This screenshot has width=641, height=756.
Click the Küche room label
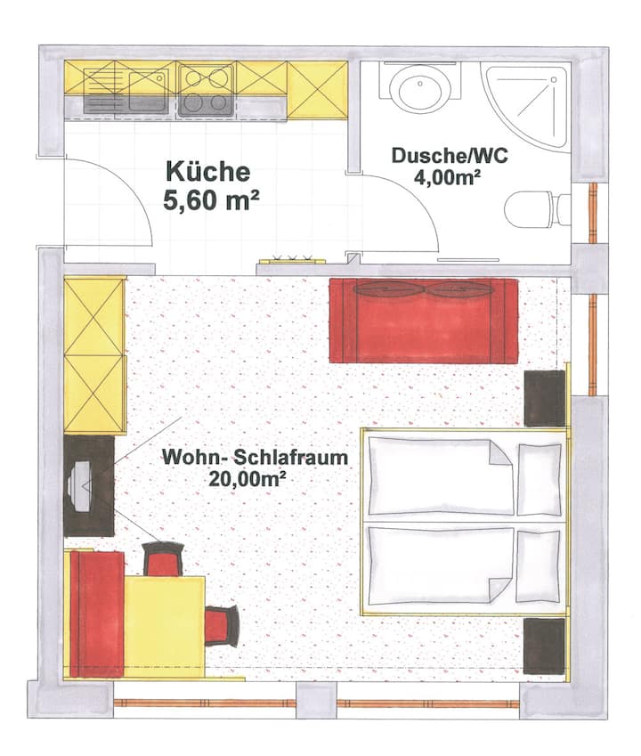click(207, 172)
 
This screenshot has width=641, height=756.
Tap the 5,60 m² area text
click(211, 200)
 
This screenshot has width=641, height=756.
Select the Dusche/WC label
click(450, 156)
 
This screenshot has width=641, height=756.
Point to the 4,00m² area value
click(447, 177)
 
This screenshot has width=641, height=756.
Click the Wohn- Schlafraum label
click(255, 457)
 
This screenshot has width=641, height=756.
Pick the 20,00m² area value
click(247, 479)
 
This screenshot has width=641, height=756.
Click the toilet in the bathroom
click(538, 210)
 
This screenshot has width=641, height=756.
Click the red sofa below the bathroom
click(424, 321)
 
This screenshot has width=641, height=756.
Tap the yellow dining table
click(165, 626)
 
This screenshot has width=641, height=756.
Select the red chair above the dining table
click(164, 559)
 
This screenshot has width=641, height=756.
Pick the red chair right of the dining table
click(222, 626)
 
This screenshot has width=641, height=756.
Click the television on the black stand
click(79, 486)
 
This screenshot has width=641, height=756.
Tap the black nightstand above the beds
click(545, 398)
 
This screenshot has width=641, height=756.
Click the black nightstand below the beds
click(544, 646)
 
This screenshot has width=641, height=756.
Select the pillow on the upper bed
click(540, 479)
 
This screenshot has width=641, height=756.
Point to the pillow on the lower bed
click(539, 566)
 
